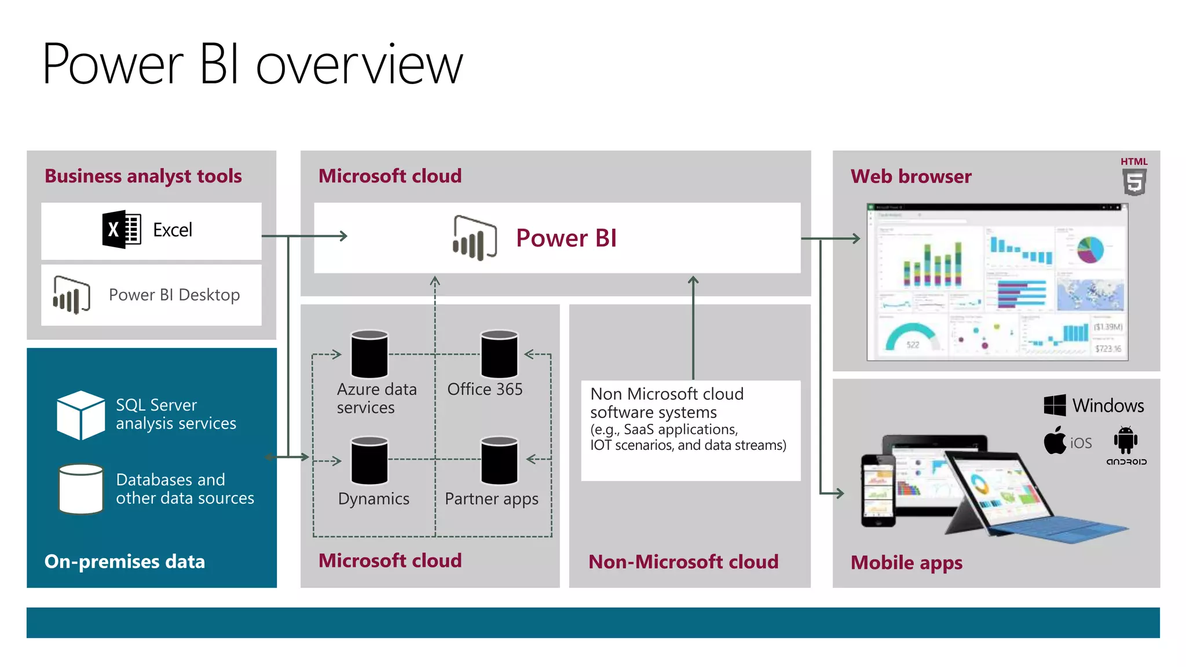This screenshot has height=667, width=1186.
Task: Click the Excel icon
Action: [x=122, y=230]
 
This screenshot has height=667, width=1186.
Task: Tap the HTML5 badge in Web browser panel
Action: [x=1134, y=177]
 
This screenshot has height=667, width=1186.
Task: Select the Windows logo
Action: [x=1055, y=405]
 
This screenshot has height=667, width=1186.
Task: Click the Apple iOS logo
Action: [x=1055, y=441]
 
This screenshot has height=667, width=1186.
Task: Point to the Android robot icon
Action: [x=1125, y=440]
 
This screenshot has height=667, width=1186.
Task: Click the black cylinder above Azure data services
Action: [x=369, y=354]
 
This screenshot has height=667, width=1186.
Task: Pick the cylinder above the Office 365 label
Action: [x=499, y=354]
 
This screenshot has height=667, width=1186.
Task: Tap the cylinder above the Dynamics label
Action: [x=369, y=460]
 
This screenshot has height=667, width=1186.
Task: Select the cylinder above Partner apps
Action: [x=499, y=460]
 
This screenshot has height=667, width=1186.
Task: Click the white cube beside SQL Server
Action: [x=81, y=415]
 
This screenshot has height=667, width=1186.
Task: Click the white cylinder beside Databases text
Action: [x=81, y=489]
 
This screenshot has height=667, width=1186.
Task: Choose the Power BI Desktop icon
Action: [x=71, y=295]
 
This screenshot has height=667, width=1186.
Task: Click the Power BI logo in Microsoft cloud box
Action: [x=474, y=237]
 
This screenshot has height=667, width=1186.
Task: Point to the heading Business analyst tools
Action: [x=143, y=176]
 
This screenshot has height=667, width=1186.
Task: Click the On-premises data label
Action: [x=125, y=562]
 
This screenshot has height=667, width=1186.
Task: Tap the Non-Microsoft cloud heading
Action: [x=683, y=562]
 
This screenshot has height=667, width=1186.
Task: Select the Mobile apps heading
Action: [x=906, y=562]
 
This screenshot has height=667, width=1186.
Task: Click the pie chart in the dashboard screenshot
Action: [x=1090, y=250]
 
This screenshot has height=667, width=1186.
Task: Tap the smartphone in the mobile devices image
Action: [x=878, y=490]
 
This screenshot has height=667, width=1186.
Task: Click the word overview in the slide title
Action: [x=359, y=65]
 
